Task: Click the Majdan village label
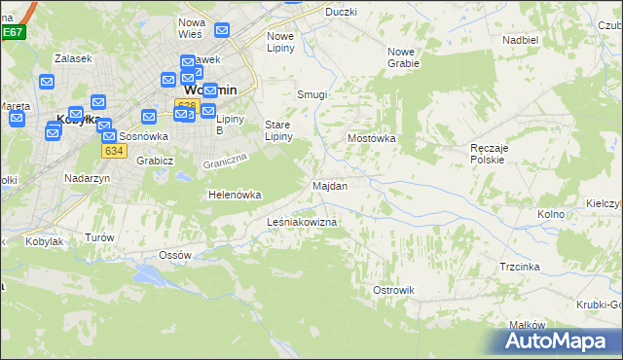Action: pos(330,185)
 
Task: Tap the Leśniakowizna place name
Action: pos(302,223)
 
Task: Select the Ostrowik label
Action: pos(394,290)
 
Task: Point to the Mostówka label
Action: pos(372,138)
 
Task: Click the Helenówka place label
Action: pos(235,195)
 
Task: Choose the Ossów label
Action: pos(175,255)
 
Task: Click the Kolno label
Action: pos(552,213)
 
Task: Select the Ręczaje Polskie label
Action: pos(486,153)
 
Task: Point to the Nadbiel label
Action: pos(520,40)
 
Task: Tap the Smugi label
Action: pos(311,94)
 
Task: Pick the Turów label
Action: pos(99,237)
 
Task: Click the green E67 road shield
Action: pos(12,32)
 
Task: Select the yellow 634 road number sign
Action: pos(114,151)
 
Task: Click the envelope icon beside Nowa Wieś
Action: pos(222,31)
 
